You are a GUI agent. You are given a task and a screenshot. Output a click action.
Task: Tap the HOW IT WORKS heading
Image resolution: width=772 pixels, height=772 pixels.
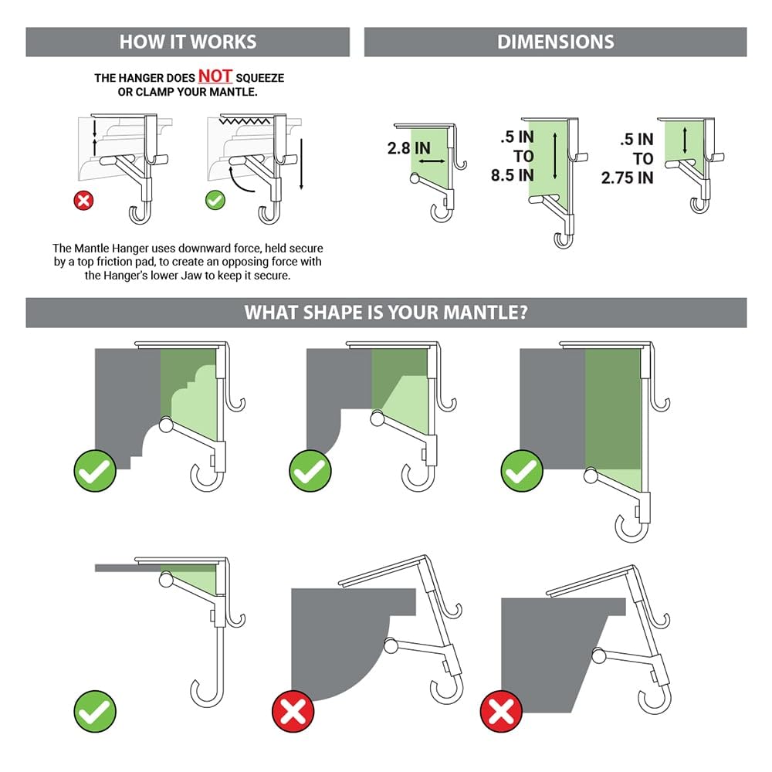188,42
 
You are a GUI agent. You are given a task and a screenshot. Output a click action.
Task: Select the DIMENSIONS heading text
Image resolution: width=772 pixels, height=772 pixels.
555,42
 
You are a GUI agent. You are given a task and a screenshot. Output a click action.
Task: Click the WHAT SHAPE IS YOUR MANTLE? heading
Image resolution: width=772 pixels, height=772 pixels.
386,312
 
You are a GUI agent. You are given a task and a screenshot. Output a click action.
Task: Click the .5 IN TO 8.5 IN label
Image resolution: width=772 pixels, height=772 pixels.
513,157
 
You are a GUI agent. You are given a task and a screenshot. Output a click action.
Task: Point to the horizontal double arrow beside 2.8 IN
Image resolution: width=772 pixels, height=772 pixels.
432,161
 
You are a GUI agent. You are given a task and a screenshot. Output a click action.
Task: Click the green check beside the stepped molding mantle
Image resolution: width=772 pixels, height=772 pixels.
95,471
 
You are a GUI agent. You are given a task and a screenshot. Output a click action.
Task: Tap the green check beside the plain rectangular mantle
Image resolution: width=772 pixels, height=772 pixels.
522,471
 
